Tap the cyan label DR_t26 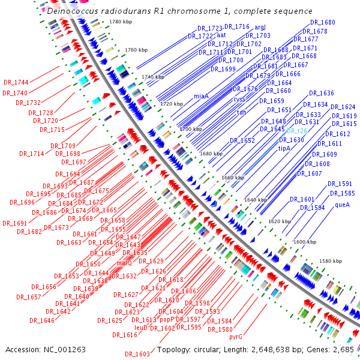point(297,131)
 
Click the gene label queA point(342,205)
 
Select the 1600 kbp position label point(304,241)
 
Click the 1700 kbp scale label point(191,129)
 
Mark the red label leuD point(141,328)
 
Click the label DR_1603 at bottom point(137,354)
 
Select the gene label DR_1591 point(340,184)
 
